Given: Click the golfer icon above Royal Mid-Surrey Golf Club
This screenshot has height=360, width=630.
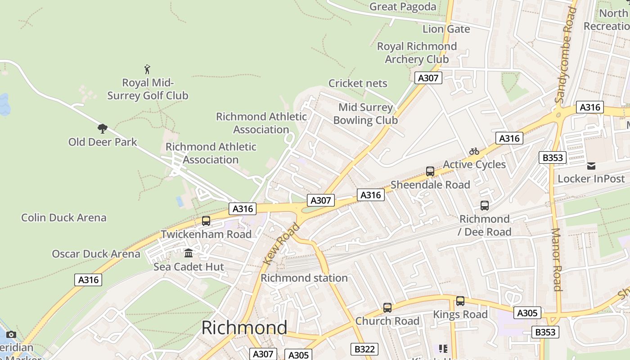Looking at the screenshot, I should point(147,69).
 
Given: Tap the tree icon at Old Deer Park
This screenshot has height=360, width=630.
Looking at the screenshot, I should point(103,129).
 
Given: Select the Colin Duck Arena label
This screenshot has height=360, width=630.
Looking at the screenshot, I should point(64,218).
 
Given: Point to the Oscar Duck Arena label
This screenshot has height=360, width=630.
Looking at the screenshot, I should point(96,254).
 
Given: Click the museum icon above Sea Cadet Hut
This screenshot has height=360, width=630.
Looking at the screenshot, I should point(189,253).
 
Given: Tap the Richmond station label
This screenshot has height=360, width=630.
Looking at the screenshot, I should point(304,278).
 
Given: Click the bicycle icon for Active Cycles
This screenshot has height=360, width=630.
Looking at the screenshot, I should point(474,151).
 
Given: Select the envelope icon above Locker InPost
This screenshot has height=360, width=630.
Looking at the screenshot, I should point(591,166).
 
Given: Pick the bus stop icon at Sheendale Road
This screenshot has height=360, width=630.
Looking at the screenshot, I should point(430,171).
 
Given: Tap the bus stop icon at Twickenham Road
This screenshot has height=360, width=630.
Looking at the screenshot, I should point(206,221).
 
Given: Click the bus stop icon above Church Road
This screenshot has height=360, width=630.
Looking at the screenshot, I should point(387,308).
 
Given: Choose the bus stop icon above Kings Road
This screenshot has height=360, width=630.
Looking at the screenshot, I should point(460,301).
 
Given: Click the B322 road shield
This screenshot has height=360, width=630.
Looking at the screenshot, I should point(364,349).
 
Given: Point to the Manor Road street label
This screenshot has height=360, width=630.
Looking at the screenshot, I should point(557,260).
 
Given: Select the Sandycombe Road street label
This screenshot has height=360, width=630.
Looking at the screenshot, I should point(566,56).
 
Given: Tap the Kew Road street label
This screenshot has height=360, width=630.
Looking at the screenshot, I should point(281,243).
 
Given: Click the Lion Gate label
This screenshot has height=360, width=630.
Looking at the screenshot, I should point(446,29).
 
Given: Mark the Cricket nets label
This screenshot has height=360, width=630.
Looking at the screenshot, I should point(358,83).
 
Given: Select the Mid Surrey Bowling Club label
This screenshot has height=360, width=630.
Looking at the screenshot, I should point(365,114).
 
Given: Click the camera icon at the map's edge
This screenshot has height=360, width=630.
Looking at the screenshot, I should point(11,334).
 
